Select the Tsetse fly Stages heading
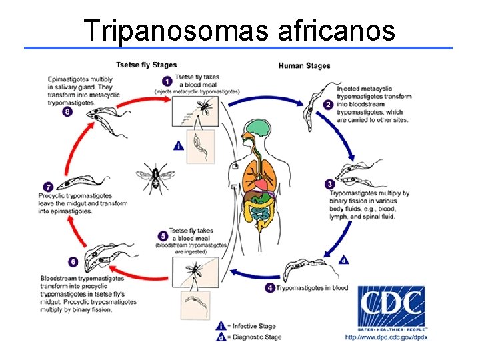click(x=147, y=65)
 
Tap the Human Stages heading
click(x=303, y=65)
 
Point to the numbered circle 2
click(x=328, y=105)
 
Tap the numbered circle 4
click(x=269, y=288)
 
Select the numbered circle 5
click(x=163, y=236)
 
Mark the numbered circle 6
click(x=73, y=263)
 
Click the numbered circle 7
click(x=47, y=187)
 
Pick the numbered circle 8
click(x=67, y=112)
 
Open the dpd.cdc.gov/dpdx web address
click(x=386, y=337)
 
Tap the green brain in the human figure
click(x=256, y=129)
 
